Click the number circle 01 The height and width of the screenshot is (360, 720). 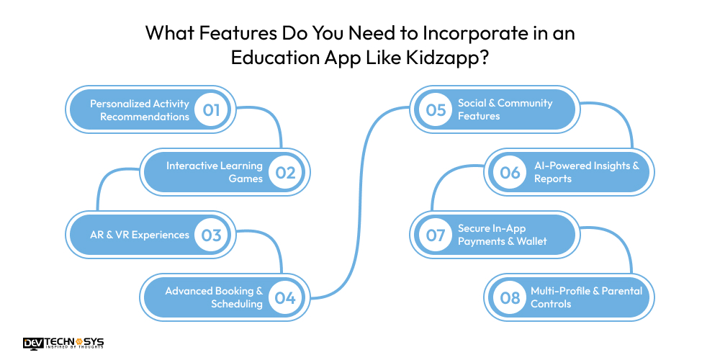211,110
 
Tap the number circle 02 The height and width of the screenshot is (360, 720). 285,172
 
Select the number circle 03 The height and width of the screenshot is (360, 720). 211,235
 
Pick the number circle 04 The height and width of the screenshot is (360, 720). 285,297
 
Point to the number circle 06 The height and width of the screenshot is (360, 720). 510,172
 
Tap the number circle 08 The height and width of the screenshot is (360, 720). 510,297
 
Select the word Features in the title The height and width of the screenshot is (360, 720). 232,33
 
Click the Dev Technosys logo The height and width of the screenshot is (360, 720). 63,343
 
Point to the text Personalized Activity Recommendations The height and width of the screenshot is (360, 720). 140,110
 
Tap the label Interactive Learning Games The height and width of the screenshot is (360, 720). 215,172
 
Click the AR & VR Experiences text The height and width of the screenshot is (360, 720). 140,235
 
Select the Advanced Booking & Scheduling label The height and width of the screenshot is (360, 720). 215,297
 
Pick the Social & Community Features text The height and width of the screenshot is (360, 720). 505,109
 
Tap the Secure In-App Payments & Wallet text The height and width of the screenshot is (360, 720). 503,235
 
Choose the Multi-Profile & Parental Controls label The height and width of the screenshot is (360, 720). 586,297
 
